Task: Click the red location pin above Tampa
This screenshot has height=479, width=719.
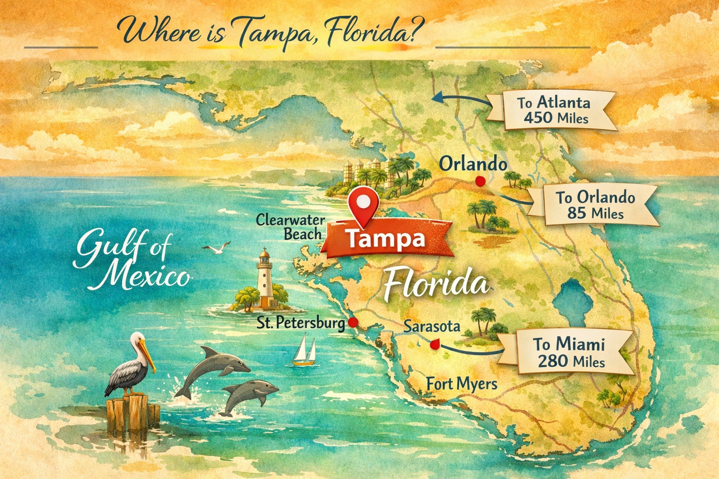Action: pos(364,203)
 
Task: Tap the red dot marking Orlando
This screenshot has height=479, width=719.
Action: pos(479,181)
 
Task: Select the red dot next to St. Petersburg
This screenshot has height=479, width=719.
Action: pos(353,322)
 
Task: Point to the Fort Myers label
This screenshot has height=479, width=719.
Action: pos(462,384)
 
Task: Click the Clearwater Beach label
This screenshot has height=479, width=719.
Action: pos(290,227)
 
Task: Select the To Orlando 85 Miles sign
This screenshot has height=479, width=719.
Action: pos(594,205)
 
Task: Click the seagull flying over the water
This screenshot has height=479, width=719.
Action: pos(217,248)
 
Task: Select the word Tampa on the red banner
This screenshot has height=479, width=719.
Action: pos(386,239)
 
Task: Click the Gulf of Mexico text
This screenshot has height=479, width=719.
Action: pos(131,262)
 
